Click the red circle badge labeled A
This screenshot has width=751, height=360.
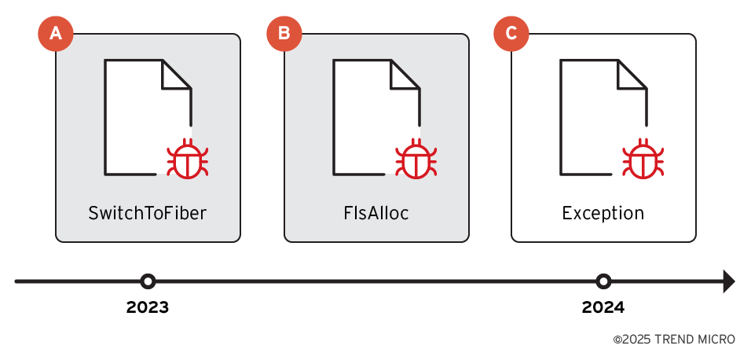[x=56, y=33]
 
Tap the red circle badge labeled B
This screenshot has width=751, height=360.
[x=284, y=33]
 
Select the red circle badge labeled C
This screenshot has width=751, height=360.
[x=511, y=33]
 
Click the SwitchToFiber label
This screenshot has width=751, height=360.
[x=148, y=213]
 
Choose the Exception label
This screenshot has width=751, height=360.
[x=603, y=213]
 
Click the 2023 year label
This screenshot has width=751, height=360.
[x=148, y=307]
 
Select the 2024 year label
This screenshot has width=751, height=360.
[x=603, y=307]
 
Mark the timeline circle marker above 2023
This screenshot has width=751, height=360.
[x=148, y=281]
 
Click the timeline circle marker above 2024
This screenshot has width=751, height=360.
[x=603, y=281]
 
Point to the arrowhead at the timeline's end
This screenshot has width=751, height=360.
[x=728, y=281]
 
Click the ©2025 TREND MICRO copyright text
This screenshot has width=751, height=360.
[x=674, y=340]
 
